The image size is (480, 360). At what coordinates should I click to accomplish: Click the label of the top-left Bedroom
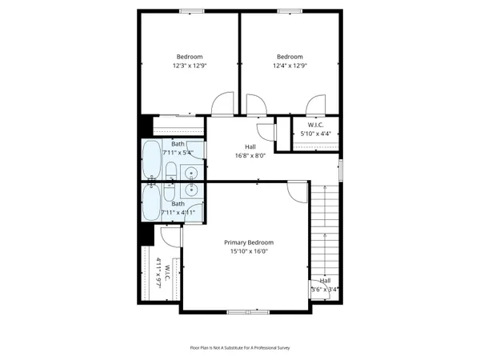190,56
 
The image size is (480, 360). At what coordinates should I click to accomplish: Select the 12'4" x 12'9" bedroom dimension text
290,66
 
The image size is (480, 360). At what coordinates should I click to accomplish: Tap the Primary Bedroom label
249,242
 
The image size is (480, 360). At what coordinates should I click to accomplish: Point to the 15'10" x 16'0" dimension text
249,251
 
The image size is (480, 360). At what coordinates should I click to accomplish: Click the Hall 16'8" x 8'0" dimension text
250,157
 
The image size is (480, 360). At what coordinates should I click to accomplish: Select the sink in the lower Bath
191,189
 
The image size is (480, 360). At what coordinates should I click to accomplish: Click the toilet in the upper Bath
170,170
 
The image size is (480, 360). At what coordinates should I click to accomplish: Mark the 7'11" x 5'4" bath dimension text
178,152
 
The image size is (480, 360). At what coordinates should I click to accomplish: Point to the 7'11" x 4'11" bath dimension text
178,212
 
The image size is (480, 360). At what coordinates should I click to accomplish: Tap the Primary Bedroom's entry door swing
297,191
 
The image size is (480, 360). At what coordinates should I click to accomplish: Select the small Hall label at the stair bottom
326,281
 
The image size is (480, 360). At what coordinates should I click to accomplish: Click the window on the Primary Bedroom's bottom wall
247,311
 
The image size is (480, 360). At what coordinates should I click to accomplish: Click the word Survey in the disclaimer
281,348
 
